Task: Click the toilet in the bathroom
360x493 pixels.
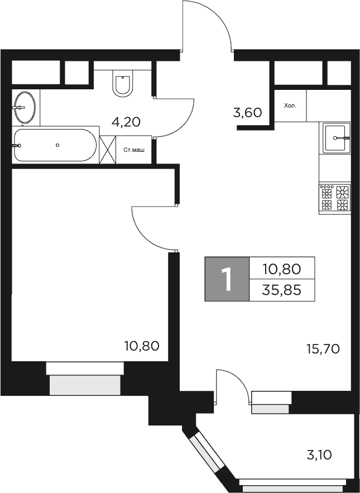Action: coord(123,83)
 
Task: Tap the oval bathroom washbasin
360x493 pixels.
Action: coord(25,107)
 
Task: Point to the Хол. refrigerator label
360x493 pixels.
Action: coord(290,105)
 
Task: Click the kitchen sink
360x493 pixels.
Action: coord(336,137)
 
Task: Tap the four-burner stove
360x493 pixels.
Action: coord(334,198)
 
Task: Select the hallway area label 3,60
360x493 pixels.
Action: coord(247,113)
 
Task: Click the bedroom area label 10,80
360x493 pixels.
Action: coord(141,346)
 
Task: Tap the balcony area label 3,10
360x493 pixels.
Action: coord(320,455)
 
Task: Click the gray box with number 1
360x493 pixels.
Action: coord(226,279)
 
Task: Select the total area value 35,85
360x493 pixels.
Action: coord(282,290)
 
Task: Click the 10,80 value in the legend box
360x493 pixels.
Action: coord(282,269)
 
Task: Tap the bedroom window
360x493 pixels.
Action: coord(85,379)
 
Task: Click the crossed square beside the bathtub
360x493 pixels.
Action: coord(107,150)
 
